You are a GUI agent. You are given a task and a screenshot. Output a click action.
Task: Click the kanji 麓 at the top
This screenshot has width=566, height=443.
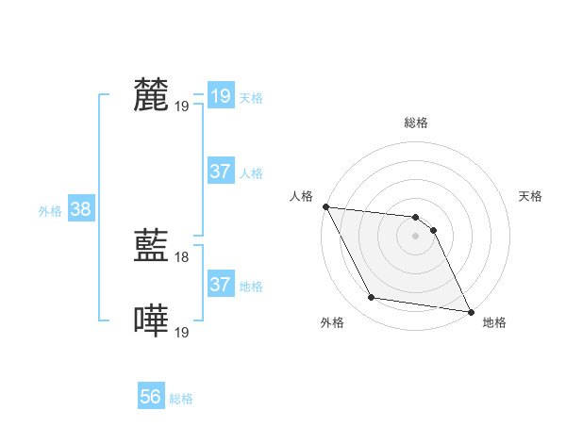[151, 95]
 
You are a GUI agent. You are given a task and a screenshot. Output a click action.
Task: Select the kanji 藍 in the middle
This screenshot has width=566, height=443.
[151, 248]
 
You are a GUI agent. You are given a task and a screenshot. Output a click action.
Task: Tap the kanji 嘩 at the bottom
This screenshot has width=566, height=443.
[151, 321]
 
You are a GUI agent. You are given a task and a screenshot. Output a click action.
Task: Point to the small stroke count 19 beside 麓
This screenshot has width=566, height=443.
[183, 106]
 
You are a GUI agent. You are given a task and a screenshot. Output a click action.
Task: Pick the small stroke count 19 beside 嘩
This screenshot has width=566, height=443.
[183, 332]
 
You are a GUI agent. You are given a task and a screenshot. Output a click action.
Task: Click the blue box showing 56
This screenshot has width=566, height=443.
[151, 398]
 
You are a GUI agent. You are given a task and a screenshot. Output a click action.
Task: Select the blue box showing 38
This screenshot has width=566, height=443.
[80, 209]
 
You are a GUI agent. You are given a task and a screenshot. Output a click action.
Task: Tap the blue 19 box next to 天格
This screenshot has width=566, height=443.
[220, 96]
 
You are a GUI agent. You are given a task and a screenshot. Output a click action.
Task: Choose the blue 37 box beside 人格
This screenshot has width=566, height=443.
[220, 172]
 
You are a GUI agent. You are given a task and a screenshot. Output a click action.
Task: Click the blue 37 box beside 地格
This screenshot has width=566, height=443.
[220, 285]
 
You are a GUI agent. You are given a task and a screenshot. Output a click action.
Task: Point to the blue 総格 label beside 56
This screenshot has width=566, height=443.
[182, 399]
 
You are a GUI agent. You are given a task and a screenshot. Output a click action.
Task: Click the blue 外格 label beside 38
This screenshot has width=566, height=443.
[50, 211]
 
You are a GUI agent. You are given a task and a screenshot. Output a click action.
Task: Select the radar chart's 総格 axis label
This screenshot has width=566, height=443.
[416, 123]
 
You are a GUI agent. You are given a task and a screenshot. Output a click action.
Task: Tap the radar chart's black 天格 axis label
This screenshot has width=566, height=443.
[531, 196]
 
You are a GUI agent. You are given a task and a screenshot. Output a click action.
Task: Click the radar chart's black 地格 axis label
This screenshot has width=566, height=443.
[494, 322]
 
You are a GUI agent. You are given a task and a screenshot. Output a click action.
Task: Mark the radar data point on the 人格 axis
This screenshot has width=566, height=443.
[325, 206]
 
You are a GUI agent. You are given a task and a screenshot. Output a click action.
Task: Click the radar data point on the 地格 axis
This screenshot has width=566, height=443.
[470, 311]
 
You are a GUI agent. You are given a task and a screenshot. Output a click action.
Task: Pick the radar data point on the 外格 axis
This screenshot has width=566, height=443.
[372, 298]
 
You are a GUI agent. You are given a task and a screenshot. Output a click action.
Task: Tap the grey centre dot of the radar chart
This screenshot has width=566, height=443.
[416, 237]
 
